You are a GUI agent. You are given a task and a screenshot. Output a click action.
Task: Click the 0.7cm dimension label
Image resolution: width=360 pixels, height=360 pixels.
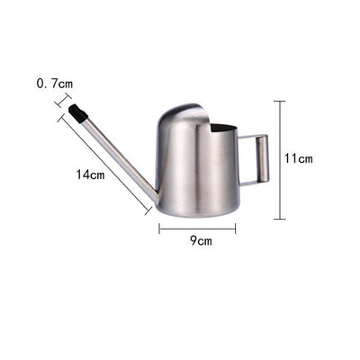pos(55,84)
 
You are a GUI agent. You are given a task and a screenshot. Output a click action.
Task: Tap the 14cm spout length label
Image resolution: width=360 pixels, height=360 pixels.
pos(90,175)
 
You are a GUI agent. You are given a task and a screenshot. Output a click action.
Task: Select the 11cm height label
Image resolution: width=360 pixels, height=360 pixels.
pos(299,158)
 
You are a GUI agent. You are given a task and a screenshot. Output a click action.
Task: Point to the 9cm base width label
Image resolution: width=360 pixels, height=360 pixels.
pos(201,240)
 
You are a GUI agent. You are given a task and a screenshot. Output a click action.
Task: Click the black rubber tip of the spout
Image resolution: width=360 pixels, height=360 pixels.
pos(78,113)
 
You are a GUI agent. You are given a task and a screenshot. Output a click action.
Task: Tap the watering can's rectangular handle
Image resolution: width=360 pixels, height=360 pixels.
pos(254,158)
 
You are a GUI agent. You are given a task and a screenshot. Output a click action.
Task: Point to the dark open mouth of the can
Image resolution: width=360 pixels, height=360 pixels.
pos(223,129)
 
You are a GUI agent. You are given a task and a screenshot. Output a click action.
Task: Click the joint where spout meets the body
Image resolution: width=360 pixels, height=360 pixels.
pos(155,198)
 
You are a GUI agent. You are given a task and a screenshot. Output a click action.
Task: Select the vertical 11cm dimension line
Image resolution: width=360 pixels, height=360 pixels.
pos(280,160)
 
